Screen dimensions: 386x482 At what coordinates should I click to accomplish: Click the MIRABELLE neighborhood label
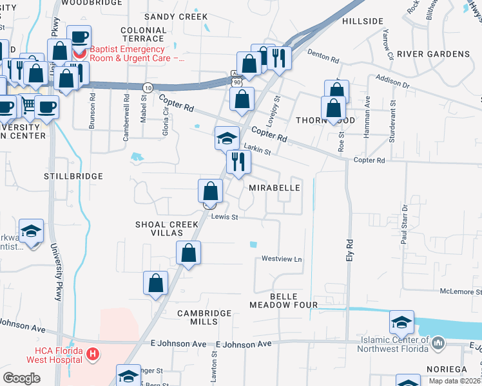click(x=275, y=188)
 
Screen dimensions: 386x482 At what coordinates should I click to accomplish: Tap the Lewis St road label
click(x=225, y=217)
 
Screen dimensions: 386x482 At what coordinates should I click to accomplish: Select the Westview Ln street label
click(x=282, y=259)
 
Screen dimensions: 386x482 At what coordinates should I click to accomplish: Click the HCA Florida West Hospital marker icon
click(x=93, y=354)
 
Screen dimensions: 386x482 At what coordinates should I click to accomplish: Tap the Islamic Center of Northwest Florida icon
click(x=439, y=344)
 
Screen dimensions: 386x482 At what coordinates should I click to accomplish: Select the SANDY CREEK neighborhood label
click(x=176, y=17)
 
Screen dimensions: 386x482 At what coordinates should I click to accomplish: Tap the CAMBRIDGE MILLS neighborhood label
click(x=204, y=318)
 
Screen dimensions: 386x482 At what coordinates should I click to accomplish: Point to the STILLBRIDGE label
click(x=73, y=176)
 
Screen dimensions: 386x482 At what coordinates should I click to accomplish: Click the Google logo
click(x=22, y=378)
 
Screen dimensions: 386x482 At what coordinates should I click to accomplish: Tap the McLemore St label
click(x=460, y=291)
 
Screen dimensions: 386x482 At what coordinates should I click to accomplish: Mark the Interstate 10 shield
click(x=148, y=87)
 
